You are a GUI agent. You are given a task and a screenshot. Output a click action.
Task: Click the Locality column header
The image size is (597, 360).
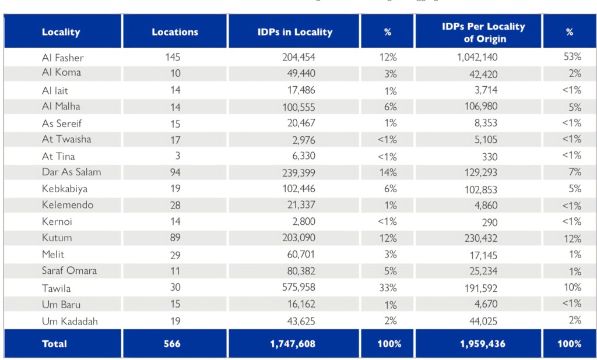tap(61, 32)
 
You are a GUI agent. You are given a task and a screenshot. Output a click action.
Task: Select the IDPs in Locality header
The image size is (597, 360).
tap(294, 32)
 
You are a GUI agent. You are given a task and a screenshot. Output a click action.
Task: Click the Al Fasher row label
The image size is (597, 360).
tap(62, 58)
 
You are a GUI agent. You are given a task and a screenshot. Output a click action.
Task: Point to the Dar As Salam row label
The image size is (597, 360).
tap(71, 172)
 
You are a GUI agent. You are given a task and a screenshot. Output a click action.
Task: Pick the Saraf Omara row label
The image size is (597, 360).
tap(69, 270)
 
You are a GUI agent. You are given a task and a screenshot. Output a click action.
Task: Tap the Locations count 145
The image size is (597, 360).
tap(173, 58)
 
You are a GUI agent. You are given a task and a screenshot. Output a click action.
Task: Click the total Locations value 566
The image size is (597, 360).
tap(173, 344)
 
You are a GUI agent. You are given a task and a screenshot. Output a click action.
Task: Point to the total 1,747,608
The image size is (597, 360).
tap(293, 344)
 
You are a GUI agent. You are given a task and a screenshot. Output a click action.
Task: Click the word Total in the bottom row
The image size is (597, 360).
tap(54, 344)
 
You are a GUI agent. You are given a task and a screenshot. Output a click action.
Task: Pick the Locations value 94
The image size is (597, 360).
tap(174, 172)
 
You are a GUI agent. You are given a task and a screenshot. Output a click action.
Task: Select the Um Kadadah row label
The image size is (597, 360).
tap(69, 321)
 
